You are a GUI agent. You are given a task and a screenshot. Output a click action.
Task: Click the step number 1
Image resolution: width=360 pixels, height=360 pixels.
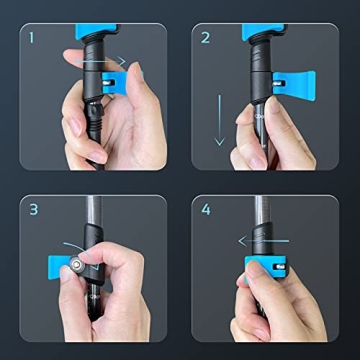31,40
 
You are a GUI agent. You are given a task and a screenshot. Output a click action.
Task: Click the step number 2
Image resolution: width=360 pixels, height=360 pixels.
207,40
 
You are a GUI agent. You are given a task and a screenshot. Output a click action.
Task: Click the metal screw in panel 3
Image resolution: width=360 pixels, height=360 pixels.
78,264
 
